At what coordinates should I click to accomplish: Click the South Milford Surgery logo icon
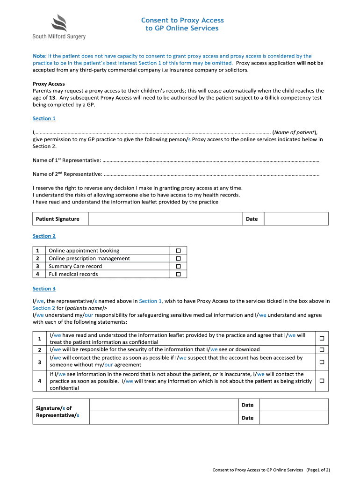click(x=58, y=22)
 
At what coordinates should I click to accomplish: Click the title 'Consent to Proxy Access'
click(x=182, y=20)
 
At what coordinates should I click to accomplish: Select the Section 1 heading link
click(x=44, y=118)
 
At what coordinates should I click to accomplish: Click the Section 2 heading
click(x=44, y=236)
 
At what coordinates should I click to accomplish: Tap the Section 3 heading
click(x=44, y=289)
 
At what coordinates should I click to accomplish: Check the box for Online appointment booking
click(x=178, y=251)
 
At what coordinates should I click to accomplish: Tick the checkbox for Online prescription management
click(x=178, y=259)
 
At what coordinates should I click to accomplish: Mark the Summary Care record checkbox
click(x=178, y=267)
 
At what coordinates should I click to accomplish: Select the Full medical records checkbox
click(x=178, y=274)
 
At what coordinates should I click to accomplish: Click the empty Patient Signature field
click(x=165, y=219)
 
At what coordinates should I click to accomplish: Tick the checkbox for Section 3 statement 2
click(x=321, y=350)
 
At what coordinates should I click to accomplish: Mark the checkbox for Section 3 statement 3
click(x=321, y=362)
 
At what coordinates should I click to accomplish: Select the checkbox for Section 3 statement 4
click(x=321, y=381)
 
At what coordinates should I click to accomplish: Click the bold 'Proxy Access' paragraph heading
click(x=49, y=84)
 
